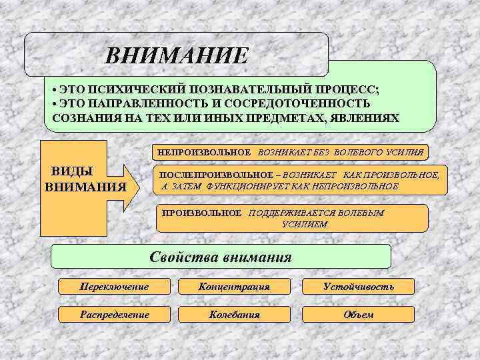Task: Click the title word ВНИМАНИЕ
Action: click(x=176, y=55)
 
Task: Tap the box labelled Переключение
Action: click(x=113, y=287)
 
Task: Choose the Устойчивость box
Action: click(x=358, y=287)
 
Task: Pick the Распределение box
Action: click(x=113, y=314)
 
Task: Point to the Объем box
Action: click(x=358, y=314)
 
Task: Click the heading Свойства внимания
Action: click(x=221, y=257)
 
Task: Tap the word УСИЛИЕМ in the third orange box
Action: click(x=304, y=225)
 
